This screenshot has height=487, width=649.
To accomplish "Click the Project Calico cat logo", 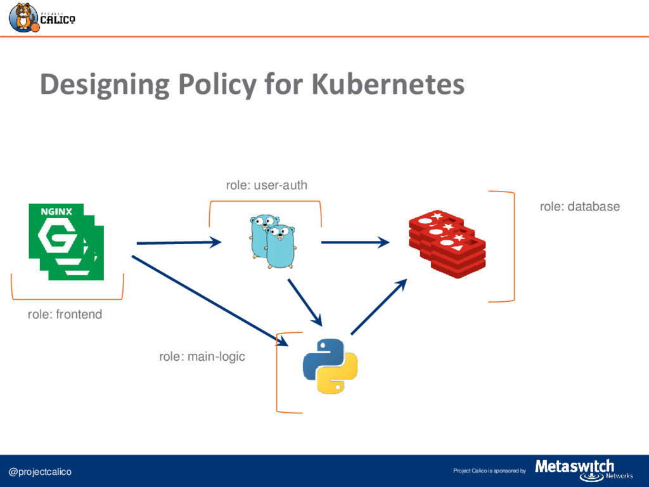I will pos(23,17).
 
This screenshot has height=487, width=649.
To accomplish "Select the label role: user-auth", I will pos(266,185).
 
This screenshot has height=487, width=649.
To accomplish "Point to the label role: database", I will pos(579,206).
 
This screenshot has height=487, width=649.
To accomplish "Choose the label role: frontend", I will pos(65,314).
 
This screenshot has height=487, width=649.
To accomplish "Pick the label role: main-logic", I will pos(202,357).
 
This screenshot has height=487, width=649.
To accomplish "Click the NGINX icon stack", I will pos(66,242).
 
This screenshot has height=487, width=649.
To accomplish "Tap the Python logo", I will pos(330,366).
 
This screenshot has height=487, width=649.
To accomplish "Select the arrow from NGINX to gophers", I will pos(178,242).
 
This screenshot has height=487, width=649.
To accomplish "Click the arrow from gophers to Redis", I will pos(355,242).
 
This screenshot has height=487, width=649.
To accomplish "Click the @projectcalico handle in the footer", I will pos(40,472).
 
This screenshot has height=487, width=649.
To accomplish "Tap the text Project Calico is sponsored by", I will pos(489,471).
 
